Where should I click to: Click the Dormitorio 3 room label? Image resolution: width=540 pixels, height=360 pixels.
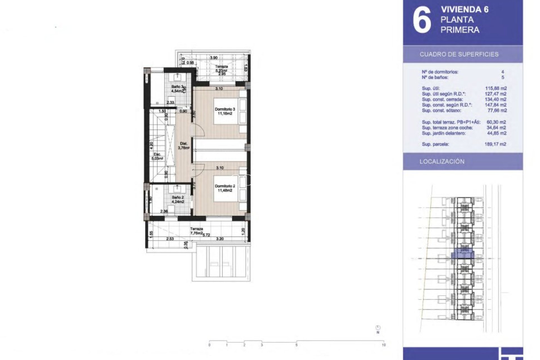[225, 111]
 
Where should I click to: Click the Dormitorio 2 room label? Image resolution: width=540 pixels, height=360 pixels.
[225, 188]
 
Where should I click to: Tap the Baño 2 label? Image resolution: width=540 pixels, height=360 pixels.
[178, 199]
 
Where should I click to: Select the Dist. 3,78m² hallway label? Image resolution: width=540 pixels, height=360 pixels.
[184, 146]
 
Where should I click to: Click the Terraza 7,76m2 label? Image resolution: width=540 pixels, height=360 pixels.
[196, 231]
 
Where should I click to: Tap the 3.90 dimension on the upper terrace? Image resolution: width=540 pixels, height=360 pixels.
[214, 58]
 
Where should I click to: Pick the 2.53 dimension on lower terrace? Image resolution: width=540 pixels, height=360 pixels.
[170, 239]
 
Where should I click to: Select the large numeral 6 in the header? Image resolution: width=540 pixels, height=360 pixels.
[422, 20]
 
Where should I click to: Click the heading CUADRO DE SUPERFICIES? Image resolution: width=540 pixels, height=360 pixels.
[459, 54]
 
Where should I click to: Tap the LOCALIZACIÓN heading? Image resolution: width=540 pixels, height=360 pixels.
[442, 161]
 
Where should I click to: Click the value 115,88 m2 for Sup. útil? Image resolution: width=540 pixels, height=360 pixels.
[496, 88]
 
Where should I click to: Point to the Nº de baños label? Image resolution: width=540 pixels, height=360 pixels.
[435, 77]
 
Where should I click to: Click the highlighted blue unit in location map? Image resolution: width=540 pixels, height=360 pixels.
[463, 255]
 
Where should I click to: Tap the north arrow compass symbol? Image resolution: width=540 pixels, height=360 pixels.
[378, 328]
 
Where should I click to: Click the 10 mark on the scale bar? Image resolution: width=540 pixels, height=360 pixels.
[384, 345]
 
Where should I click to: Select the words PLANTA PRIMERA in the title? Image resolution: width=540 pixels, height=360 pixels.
[460, 25]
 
